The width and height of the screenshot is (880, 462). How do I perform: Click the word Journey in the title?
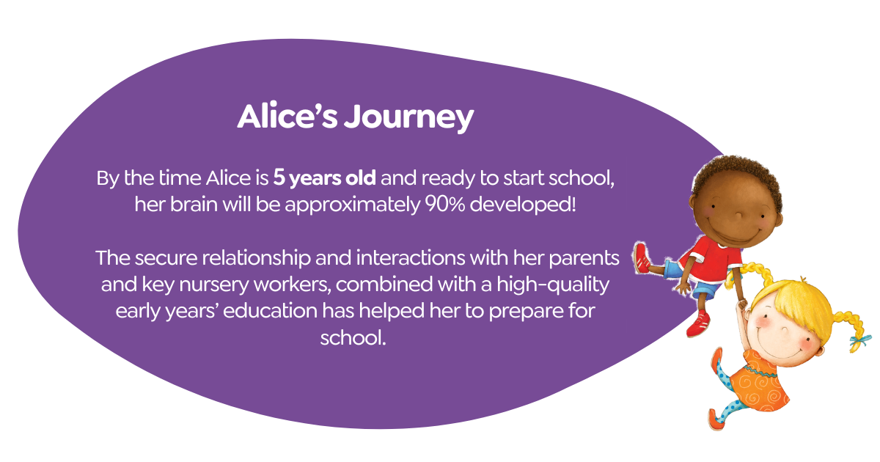point(409,117)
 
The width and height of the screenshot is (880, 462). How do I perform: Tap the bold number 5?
point(279,177)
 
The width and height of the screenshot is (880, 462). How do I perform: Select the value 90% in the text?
point(445,205)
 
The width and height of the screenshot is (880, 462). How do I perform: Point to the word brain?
point(194,205)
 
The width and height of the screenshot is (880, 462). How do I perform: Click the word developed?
point(523,205)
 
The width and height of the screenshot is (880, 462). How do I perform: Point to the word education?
point(270,311)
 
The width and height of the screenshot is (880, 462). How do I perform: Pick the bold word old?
point(360,177)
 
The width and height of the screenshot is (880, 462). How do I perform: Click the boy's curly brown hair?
point(736,176)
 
